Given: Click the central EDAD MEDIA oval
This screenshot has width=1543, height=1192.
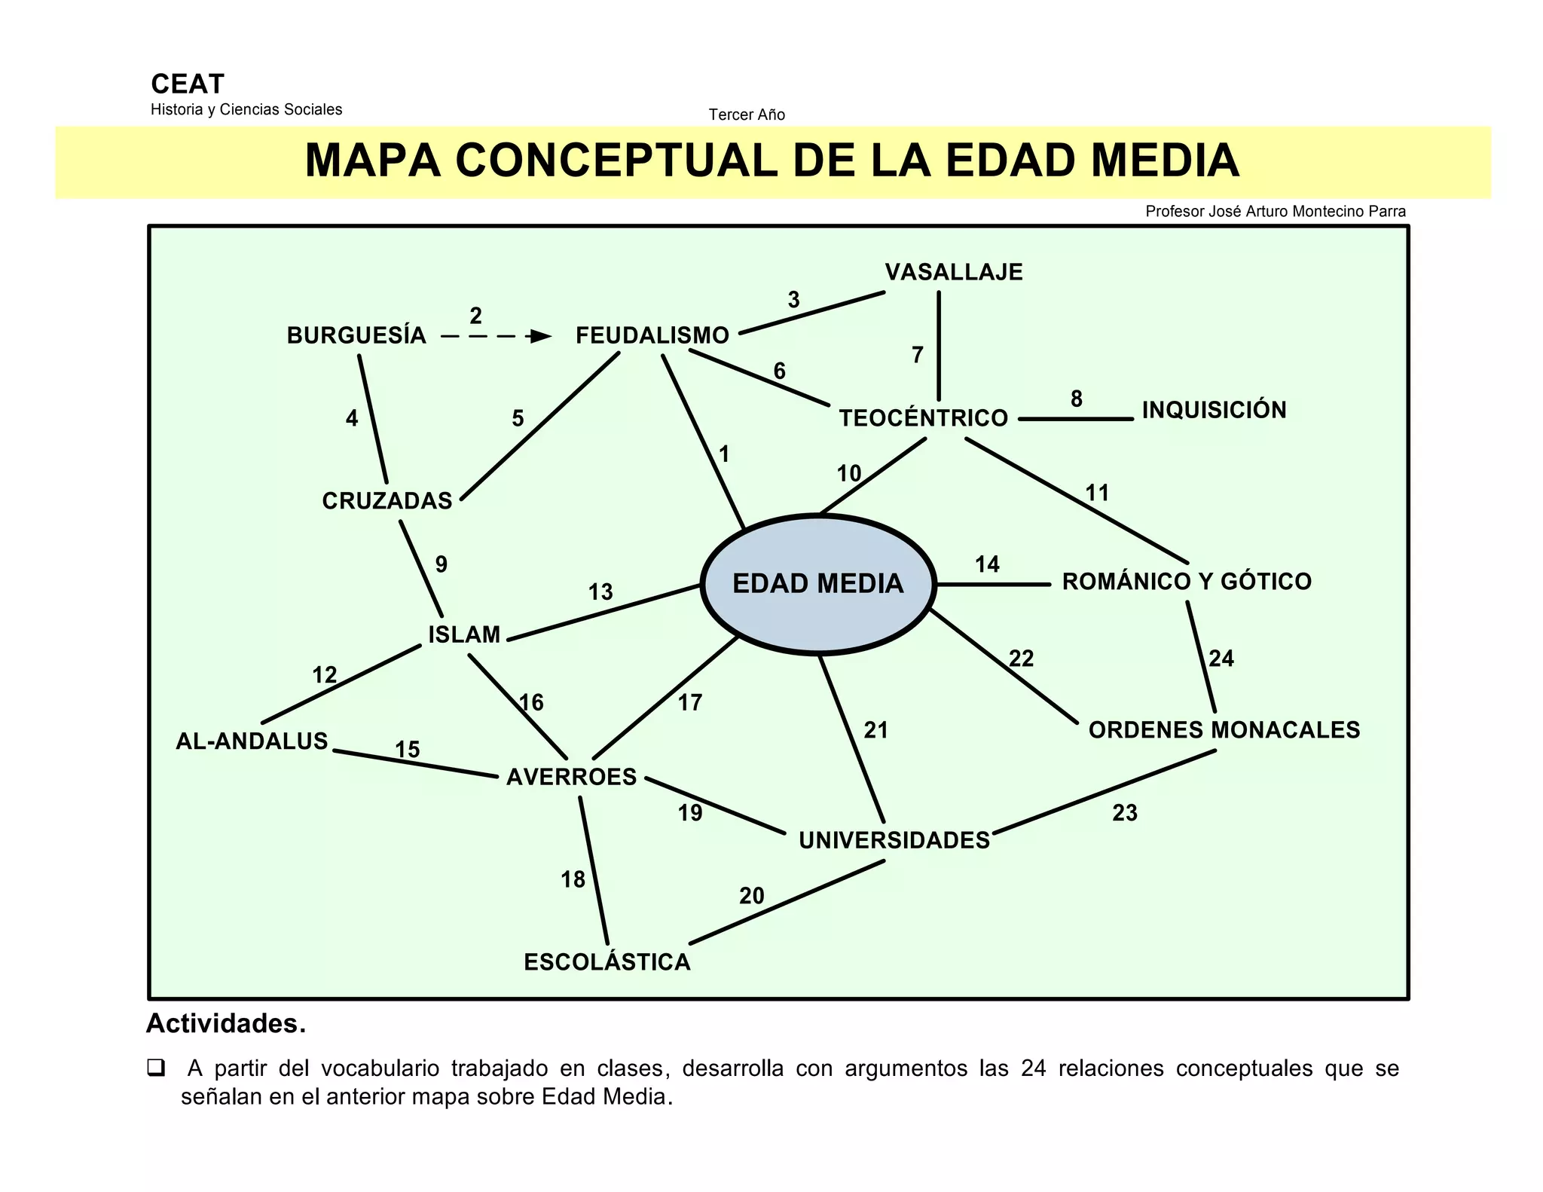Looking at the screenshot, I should tap(818, 583).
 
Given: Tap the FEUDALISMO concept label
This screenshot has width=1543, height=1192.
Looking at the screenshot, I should tap(652, 335).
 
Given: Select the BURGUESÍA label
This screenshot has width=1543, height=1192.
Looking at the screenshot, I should tap(356, 335).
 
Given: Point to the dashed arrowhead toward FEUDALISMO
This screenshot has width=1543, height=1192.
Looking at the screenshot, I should tap(540, 336).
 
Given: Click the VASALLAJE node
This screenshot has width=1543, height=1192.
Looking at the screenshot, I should tap(954, 272).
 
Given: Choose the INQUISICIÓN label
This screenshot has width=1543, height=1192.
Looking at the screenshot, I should tap(1214, 410).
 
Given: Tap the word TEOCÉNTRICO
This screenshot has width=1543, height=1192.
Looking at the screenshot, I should tap(923, 418).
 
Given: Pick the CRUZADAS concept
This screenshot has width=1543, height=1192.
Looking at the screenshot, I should tap(387, 501).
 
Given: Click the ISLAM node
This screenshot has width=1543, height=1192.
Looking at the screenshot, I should tap(464, 634).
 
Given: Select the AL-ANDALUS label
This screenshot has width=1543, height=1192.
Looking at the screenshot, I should tap(252, 741).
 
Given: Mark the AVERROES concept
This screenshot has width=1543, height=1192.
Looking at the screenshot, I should tap(572, 777).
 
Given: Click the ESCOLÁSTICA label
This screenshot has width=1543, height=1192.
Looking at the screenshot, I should tap(607, 962).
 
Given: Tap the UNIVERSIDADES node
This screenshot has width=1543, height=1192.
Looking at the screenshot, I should tap(894, 840).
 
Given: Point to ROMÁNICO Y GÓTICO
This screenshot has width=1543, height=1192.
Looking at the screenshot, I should tap(1187, 582).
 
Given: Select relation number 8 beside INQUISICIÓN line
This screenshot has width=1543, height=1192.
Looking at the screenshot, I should tap(1077, 399).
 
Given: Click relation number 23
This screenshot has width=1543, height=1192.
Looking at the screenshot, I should tap(1125, 813).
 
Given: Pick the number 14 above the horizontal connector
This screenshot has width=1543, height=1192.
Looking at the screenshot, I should tap(987, 564).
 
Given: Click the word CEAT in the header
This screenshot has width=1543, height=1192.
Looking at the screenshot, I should tap(188, 84).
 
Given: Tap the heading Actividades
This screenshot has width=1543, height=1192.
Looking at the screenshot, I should tap(226, 1023).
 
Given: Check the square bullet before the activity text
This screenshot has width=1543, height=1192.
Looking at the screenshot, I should tap(157, 1068).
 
